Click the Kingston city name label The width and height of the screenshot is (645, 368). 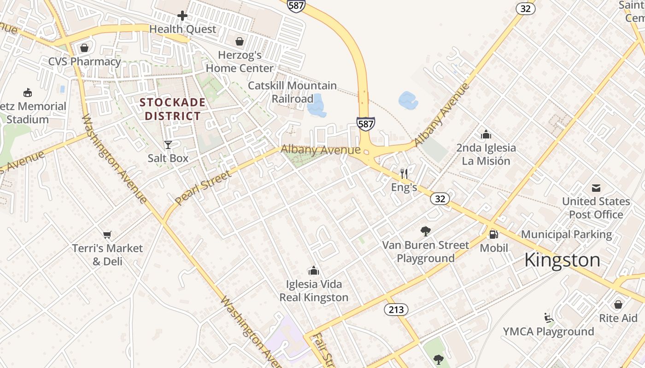(562, 260)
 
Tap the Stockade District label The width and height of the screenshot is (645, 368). (173, 109)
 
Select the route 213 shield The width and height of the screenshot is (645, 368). (396, 310)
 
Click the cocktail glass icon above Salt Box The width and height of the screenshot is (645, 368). (168, 145)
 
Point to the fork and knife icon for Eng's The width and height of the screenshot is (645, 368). (404, 173)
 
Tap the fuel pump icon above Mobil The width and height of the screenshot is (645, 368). (493, 235)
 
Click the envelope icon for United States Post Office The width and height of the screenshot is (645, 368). (596, 188)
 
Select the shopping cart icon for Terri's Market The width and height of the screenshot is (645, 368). (107, 235)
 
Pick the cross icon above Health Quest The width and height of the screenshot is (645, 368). (182, 16)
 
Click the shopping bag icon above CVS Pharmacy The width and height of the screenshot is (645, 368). (84, 48)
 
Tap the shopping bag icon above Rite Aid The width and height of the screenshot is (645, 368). (618, 305)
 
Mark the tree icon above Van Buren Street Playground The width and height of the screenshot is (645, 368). (426, 231)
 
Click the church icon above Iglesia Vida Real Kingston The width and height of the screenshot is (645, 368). (314, 270)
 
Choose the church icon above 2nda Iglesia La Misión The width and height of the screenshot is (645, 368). (486, 134)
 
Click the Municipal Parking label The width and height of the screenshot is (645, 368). (566, 235)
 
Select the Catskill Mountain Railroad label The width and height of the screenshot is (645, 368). (293, 92)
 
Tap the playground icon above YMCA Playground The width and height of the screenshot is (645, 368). (548, 318)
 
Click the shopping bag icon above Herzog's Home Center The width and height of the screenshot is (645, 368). (240, 42)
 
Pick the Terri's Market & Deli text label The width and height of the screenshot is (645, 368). (107, 255)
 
